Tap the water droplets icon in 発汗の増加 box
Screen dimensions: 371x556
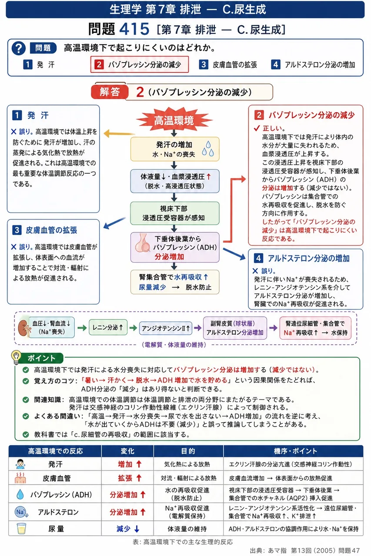pyautogui.click(x=208, y=149)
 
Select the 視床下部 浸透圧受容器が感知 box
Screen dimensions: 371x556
pyautogui.click(x=175, y=213)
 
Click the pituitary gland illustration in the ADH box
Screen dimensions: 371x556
pyautogui.click(x=142, y=243)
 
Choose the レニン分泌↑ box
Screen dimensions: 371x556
pyautogui.click(x=108, y=328)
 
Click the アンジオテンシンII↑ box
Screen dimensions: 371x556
pyautogui.click(x=166, y=328)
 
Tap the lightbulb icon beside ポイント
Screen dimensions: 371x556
pyautogui.click(x=16, y=357)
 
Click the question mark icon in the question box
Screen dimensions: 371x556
pyautogui.click(x=19, y=48)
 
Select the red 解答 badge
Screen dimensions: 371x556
pyautogui.click(x=110, y=92)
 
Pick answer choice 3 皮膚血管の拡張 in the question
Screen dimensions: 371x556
pyautogui.click(x=228, y=65)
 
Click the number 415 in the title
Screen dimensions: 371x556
pyautogui.click(x=134, y=29)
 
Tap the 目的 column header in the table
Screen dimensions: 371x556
pyautogui.click(x=188, y=451)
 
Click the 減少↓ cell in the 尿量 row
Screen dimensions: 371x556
pyautogui.click(x=128, y=529)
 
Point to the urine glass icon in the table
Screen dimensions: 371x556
pyautogui.click(x=21, y=528)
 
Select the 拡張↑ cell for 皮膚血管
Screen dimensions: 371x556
pyautogui.click(x=128, y=478)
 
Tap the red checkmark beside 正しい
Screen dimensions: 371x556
pyautogui.click(x=257, y=128)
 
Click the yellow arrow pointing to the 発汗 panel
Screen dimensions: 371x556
pyautogui.click(x=119, y=133)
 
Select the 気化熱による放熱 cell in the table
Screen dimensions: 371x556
pyautogui.click(x=187, y=464)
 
